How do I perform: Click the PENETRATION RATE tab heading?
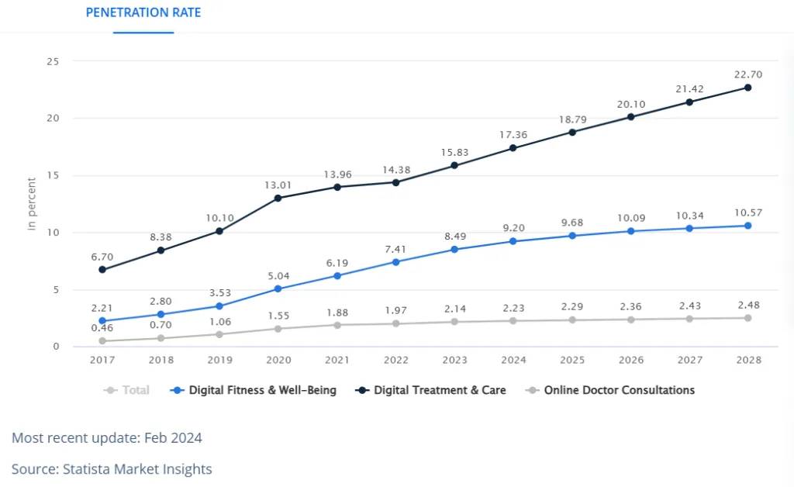[x=143, y=13]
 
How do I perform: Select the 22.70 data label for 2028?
[x=747, y=74]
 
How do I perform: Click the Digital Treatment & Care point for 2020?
[x=278, y=198]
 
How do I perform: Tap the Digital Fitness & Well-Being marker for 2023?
[x=454, y=250]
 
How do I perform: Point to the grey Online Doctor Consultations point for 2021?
[x=337, y=325]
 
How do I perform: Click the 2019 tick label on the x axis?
[x=219, y=360]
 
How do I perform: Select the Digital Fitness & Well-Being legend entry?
[x=254, y=390]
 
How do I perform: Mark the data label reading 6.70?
[x=102, y=257]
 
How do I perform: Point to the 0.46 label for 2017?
[x=102, y=328]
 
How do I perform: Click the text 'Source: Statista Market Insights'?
[x=112, y=469]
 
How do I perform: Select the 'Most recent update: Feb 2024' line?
[x=107, y=438]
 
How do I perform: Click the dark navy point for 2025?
[x=572, y=132]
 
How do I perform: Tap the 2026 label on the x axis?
[x=630, y=360]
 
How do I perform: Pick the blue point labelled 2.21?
[x=102, y=321]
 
